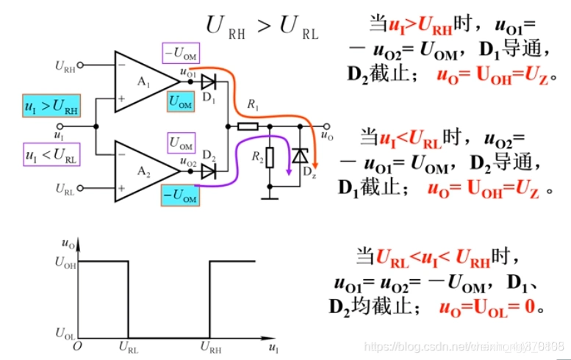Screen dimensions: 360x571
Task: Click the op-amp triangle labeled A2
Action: [x=144, y=170]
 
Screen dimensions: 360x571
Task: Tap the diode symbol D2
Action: [x=208, y=170]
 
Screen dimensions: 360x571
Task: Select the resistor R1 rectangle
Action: [x=247, y=126]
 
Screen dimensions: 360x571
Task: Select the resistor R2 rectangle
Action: [x=270, y=157]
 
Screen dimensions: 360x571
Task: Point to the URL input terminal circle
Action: [x=82, y=188]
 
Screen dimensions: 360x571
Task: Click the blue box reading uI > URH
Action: [x=51, y=108]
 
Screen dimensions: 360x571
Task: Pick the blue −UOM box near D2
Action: [x=180, y=196]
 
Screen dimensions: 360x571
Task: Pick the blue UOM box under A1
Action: [x=181, y=102]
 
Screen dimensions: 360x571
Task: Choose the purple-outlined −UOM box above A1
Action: [x=181, y=53]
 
